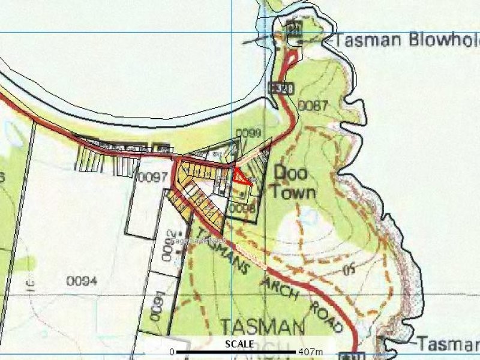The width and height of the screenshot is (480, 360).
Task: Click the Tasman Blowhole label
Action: (406, 41)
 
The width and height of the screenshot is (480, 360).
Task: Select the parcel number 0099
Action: (248, 133)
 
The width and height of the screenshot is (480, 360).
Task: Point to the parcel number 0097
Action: (151, 178)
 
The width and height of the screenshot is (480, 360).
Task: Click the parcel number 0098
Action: (243, 208)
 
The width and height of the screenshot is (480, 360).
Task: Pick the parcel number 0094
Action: (82, 280)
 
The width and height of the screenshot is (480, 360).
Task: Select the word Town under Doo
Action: (294, 192)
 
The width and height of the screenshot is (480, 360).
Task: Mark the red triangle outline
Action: (241, 178)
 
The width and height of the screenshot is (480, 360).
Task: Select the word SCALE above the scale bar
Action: (239, 344)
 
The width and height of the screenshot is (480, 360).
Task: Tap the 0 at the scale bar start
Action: (172, 351)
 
